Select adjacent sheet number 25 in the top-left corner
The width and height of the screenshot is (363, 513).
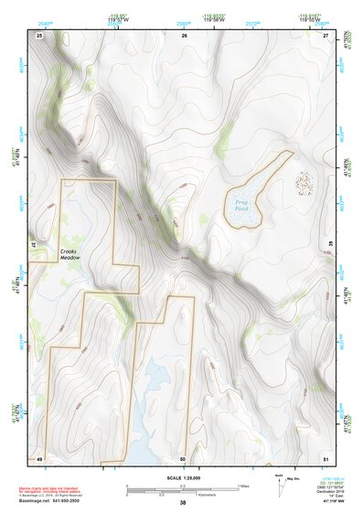tap(39, 35)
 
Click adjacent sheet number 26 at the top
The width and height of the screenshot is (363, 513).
tap(184, 35)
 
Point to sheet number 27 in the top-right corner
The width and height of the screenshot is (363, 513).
tap(326, 35)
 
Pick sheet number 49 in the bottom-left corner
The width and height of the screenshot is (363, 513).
tap(39, 457)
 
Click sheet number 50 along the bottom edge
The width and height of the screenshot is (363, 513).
tap(183, 457)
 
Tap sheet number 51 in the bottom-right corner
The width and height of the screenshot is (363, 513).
tap(326, 457)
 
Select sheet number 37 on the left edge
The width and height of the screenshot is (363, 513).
tap(32, 245)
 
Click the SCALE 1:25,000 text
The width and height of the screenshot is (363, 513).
tap(182, 478)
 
